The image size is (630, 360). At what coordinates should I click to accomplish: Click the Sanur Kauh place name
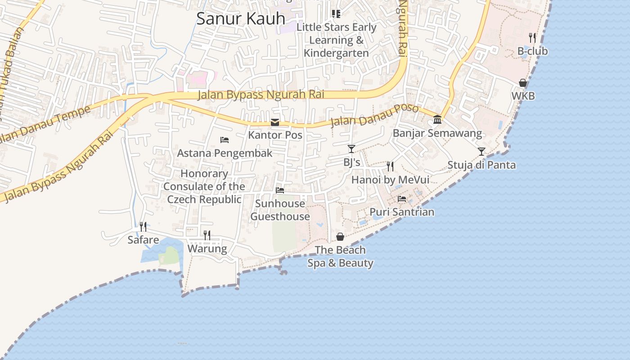tap(241, 19)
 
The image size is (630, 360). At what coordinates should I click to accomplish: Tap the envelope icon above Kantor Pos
tap(275, 122)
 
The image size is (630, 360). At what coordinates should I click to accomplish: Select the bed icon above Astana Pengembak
tap(225, 140)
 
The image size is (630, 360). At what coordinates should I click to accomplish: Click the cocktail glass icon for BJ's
tap(351, 149)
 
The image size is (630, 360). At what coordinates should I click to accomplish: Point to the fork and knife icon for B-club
tap(532, 37)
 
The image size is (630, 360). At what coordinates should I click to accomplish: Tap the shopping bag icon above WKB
tap(523, 83)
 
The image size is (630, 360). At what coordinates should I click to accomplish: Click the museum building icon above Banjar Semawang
tap(437, 120)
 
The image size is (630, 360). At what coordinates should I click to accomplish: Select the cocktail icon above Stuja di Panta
tap(481, 152)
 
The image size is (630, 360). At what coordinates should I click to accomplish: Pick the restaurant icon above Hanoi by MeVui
tap(390, 166)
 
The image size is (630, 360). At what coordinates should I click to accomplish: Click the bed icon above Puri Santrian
tap(402, 198)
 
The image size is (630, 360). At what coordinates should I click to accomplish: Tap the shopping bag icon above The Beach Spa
tap(340, 237)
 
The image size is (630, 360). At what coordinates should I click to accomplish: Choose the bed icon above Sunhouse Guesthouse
tap(280, 190)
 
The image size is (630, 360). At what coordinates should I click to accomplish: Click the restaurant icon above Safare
tap(143, 226)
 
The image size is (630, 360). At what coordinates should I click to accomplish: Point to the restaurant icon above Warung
tap(207, 235)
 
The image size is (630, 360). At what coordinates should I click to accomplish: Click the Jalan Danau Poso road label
tap(374, 116)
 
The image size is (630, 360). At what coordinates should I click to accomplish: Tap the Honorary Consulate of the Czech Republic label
tap(205, 186)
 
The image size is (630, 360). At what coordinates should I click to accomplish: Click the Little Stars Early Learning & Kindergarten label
tap(337, 40)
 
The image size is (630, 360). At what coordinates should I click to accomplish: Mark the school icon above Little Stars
tap(336, 14)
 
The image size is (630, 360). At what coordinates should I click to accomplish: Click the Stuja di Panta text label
tap(481, 165)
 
